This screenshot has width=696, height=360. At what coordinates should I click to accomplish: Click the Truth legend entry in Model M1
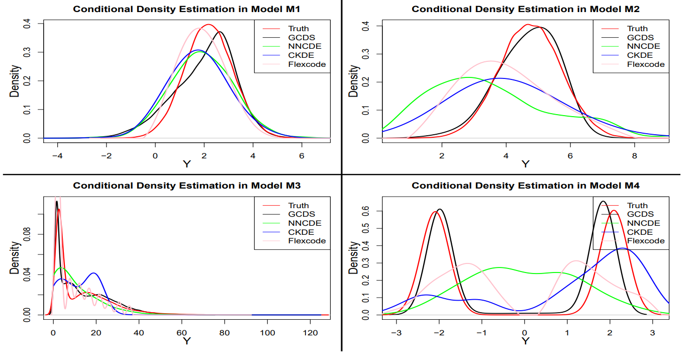click(x=299, y=29)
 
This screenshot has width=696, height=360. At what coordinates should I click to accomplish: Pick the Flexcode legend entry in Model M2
click(x=645, y=64)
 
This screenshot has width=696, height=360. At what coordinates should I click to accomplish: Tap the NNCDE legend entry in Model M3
click(x=305, y=223)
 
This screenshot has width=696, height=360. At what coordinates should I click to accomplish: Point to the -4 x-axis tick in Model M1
click(x=58, y=156)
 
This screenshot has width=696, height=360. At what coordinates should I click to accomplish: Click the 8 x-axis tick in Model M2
click(x=634, y=156)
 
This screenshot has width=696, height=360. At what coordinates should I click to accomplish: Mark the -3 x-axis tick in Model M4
click(x=397, y=333)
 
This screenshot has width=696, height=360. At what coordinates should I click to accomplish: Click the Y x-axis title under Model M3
click(x=186, y=341)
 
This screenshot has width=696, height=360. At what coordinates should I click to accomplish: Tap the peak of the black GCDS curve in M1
click(x=219, y=32)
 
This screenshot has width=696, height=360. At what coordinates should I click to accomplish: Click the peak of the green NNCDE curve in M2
click(x=468, y=77)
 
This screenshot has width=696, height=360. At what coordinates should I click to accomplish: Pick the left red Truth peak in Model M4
click(x=435, y=212)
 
